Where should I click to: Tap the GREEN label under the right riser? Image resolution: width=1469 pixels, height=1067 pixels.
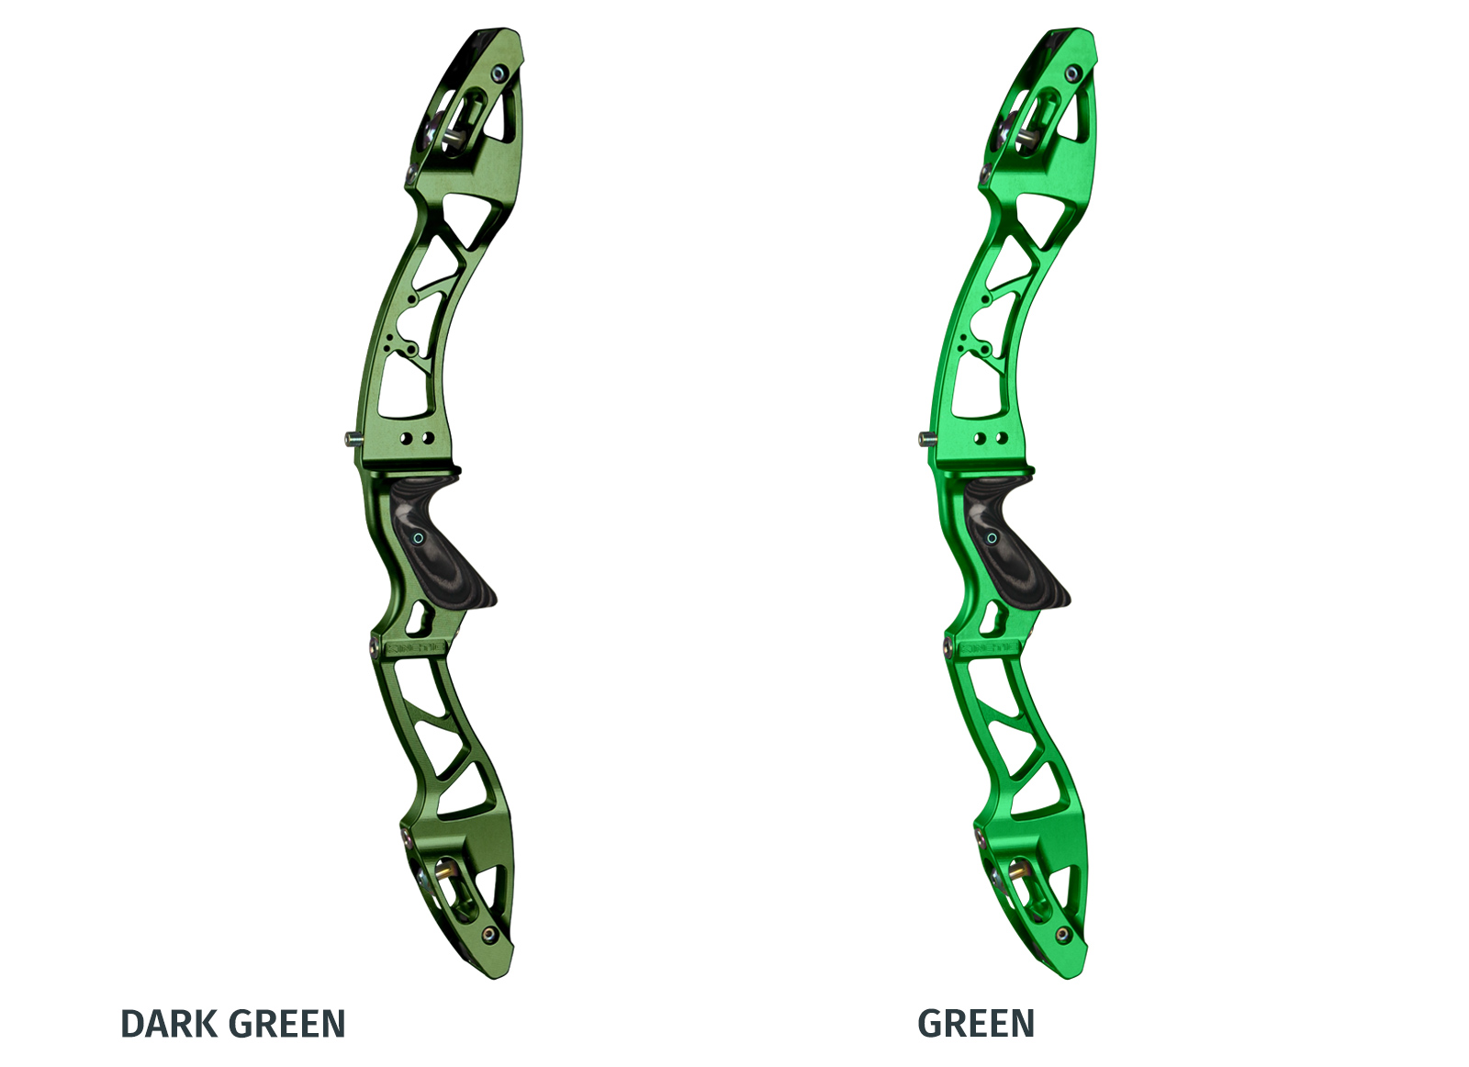[x=976, y=1024]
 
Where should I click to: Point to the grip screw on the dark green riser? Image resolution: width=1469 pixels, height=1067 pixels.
[x=417, y=538]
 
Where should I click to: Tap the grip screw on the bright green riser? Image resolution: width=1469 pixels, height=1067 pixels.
[x=992, y=538]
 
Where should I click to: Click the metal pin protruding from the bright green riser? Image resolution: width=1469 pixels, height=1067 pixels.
[x=926, y=440]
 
